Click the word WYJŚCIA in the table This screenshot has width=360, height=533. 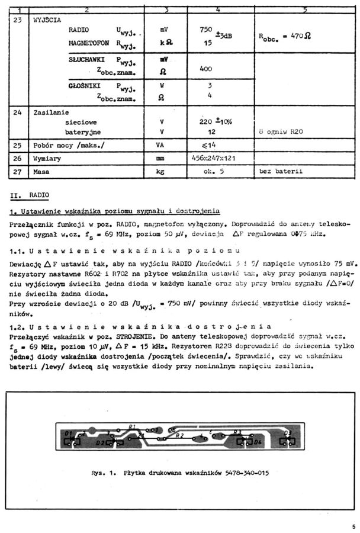coord(46,20)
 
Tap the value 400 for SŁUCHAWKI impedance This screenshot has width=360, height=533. coord(206,69)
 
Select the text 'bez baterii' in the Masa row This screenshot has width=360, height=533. coord(281,172)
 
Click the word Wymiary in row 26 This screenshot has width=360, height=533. coord(49,158)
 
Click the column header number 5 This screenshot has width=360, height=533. coord(304,9)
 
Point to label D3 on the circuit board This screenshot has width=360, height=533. coord(288,433)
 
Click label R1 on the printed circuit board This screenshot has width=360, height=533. coord(132,426)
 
